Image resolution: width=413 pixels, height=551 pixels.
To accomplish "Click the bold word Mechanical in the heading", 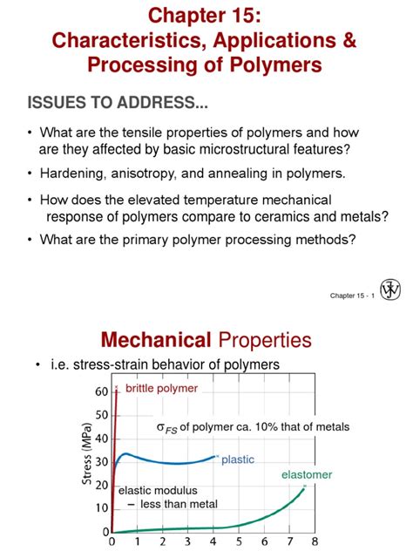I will (157, 340).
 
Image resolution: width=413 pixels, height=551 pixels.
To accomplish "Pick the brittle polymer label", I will (161, 388).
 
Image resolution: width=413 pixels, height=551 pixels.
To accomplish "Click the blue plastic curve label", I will (238, 459).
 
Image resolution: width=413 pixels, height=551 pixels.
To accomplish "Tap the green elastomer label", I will (306, 474).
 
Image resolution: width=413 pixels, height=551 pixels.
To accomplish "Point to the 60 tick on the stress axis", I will (101, 391).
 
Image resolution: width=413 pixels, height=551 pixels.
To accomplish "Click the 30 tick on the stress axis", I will (101, 461).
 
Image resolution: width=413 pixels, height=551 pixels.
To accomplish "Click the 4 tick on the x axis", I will (213, 542).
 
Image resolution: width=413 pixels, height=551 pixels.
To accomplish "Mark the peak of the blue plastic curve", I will (127, 453).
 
